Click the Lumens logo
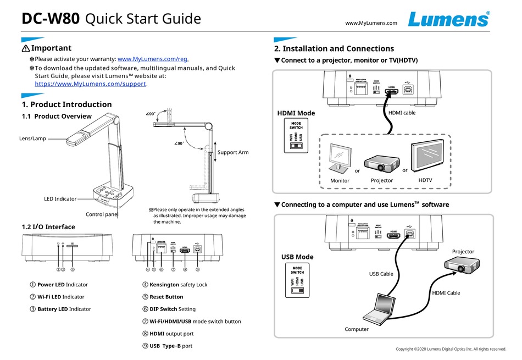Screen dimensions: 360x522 448,19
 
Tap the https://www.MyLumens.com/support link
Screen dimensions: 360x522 91,84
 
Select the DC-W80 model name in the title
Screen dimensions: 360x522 51,19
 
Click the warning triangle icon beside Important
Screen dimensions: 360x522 25,49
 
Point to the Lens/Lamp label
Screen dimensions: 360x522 32,139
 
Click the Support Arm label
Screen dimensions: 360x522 233,152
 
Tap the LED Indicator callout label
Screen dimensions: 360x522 60,199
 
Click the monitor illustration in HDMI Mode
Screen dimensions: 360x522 341,159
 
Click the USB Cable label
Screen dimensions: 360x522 380,274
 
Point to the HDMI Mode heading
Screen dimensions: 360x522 296,113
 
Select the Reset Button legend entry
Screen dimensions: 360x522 166,297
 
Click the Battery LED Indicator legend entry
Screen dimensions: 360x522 64,309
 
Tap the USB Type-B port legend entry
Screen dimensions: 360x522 171,346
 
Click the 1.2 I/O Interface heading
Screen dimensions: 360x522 48,226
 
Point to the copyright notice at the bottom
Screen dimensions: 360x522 451,349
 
